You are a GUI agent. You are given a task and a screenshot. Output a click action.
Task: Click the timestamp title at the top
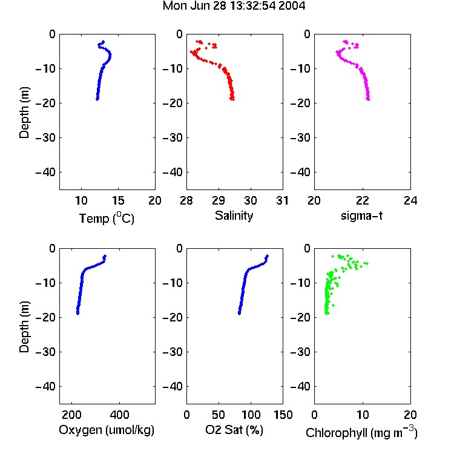point(234,6)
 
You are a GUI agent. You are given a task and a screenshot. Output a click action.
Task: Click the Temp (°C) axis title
point(107,219)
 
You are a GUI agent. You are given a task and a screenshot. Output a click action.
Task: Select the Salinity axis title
point(234,216)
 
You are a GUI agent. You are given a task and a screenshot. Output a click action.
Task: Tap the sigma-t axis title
point(361,215)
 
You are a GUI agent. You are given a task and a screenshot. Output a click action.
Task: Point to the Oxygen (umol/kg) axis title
point(107,430)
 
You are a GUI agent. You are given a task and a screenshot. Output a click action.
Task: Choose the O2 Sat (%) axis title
point(234,430)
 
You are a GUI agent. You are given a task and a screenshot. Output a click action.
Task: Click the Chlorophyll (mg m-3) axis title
point(361,432)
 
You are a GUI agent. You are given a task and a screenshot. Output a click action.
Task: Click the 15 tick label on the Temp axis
point(118,200)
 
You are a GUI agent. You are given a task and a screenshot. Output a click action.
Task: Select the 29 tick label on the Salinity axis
point(219,200)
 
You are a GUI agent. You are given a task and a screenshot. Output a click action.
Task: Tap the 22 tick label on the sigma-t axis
point(362,200)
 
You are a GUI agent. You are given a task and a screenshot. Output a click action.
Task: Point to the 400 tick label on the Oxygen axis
point(119,415)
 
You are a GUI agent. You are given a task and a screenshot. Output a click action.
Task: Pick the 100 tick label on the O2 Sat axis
point(251,415)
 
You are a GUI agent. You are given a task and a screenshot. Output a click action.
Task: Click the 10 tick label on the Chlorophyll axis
point(362,415)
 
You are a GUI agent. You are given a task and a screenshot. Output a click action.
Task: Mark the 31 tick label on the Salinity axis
point(282,200)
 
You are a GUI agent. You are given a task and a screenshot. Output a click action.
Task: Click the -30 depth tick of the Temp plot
point(45,138)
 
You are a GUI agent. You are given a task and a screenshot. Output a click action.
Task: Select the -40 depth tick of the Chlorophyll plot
point(300,386)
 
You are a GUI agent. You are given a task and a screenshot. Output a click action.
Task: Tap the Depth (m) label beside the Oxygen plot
point(24,327)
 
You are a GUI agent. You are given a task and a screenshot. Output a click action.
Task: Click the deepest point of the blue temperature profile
point(97,99)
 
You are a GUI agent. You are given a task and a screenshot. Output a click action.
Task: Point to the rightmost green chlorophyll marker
point(367,263)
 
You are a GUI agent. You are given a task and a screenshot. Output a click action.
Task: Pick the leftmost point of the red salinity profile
point(191,52)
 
